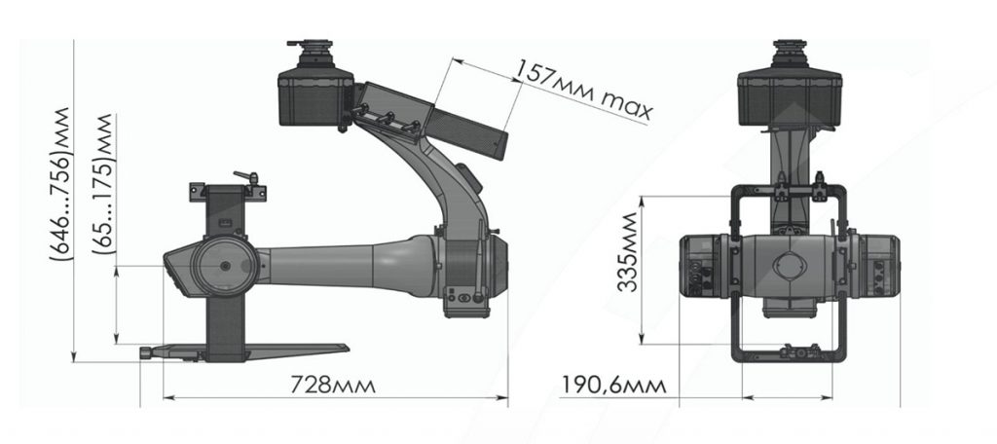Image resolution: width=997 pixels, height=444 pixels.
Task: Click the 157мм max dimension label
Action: (x=582, y=89)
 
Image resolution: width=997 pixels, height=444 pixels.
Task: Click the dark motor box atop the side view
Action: (x=314, y=97)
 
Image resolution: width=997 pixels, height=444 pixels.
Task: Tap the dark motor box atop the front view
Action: (x=789, y=97)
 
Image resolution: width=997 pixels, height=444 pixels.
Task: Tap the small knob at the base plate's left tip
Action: (x=147, y=352)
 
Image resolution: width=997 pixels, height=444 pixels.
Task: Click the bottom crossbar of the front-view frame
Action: (x=789, y=352)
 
